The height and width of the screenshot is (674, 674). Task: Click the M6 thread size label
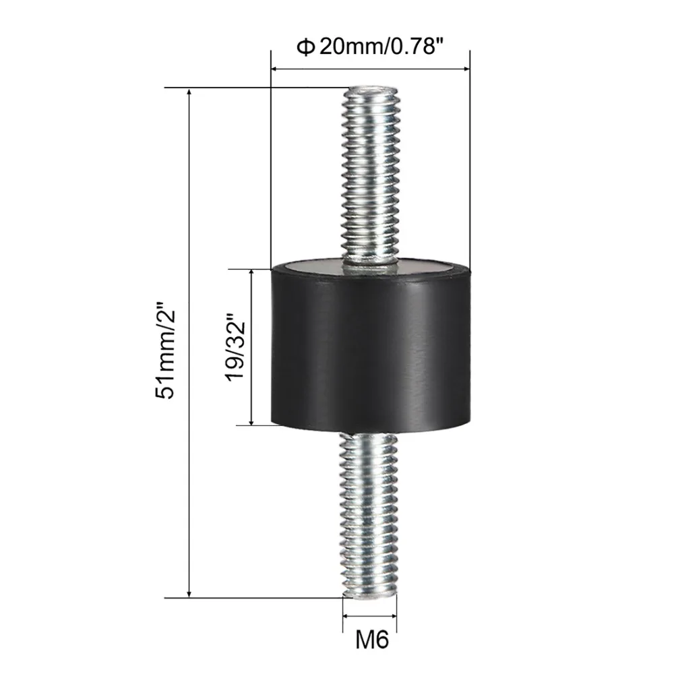pos(372,640)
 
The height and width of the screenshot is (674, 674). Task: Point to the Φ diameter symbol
pos(305,47)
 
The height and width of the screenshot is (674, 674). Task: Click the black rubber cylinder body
pos(371,349)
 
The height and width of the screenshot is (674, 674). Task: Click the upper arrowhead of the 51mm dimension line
pos(189,92)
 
